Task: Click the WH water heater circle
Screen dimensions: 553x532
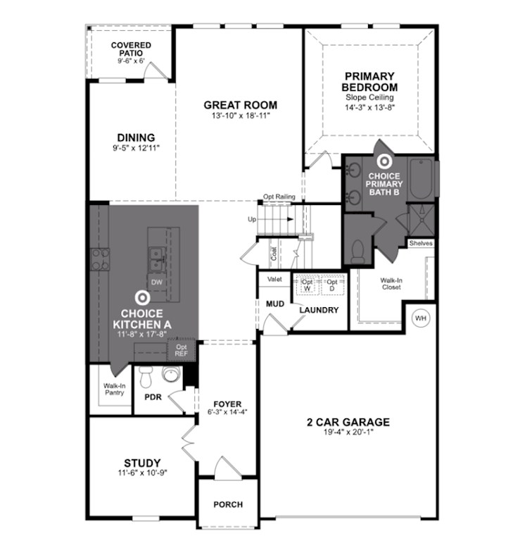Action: tap(421, 318)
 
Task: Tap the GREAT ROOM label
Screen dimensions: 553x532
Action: tap(240, 105)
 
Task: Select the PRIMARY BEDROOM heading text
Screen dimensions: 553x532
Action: tap(370, 82)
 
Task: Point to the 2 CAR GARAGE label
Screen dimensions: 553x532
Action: tap(348, 423)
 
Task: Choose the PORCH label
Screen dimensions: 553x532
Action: tap(227, 504)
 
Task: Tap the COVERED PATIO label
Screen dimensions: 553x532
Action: tap(130, 49)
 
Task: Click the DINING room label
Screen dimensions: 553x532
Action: tap(136, 137)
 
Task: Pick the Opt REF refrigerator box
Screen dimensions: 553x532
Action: tap(181, 349)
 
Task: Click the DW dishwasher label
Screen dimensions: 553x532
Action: tap(158, 282)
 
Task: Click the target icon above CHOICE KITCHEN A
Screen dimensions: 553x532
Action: tap(142, 299)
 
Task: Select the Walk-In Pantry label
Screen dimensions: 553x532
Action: tap(114, 389)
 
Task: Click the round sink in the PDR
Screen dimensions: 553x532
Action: tap(170, 374)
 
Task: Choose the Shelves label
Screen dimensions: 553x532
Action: tap(421, 244)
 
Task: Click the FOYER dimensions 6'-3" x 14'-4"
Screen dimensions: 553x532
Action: tap(227, 413)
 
